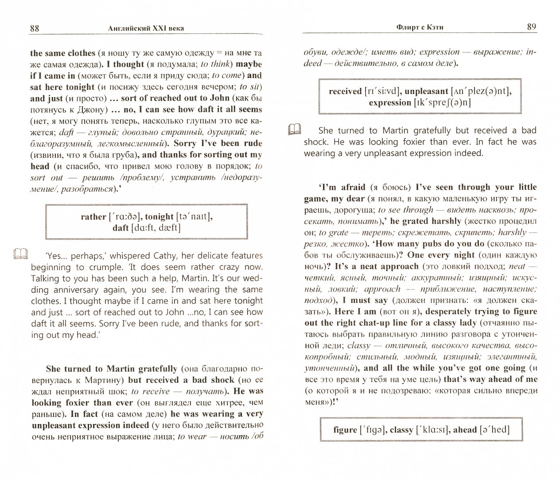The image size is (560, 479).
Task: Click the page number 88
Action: click(35, 28)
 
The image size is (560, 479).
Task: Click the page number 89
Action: click(532, 27)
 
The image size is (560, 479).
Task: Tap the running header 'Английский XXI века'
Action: click(146, 29)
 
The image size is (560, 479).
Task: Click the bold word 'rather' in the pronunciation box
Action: click(93, 217)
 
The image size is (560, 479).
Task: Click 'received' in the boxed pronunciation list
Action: click(345, 91)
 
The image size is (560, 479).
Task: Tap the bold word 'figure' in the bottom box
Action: click(345, 430)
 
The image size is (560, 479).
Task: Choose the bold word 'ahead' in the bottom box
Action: click(465, 430)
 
